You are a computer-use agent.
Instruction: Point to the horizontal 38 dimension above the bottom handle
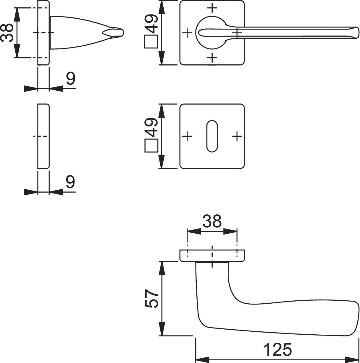212,221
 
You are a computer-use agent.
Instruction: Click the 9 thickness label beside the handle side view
71,78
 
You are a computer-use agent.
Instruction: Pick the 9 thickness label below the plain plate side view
71,182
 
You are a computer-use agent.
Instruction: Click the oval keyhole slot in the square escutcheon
212,136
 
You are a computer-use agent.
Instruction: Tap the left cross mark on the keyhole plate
187,136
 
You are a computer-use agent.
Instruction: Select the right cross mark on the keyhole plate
237,136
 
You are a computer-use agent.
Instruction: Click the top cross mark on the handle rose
212,8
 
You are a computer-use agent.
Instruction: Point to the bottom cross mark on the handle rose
212,58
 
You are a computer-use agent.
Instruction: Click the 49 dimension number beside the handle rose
151,24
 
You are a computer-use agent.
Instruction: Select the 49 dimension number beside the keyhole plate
151,127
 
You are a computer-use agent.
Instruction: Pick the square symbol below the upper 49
151,42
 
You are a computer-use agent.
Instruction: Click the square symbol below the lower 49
151,145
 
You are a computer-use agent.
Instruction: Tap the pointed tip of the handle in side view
123,33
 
